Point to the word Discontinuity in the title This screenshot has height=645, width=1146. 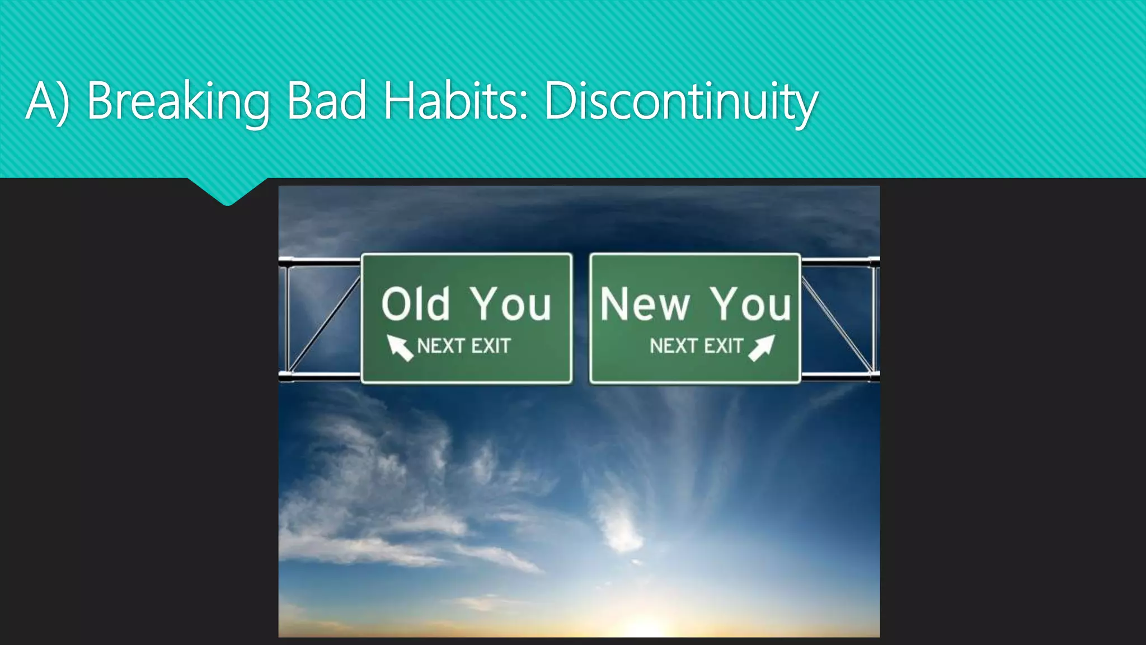[x=680, y=102]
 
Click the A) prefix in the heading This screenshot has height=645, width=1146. [x=47, y=102]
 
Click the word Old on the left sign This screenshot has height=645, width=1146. [x=415, y=304]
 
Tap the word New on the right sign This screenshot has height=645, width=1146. [x=645, y=304]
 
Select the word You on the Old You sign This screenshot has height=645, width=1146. [x=510, y=304]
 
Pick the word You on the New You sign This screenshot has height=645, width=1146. [x=750, y=304]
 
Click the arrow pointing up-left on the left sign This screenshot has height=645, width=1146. [x=400, y=347]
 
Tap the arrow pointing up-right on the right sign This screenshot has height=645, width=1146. [x=762, y=347]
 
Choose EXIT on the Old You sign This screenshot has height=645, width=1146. [x=491, y=346]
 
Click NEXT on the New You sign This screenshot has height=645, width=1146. [x=673, y=346]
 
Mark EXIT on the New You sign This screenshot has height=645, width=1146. [x=723, y=346]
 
